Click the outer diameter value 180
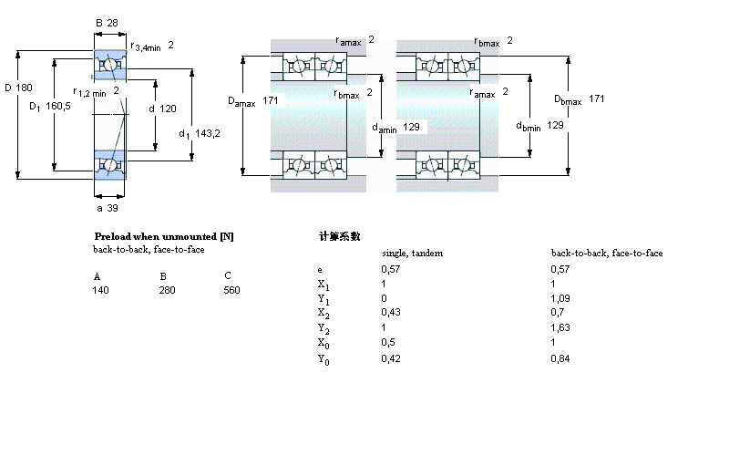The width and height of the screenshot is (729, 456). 25,88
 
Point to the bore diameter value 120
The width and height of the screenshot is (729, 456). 168,109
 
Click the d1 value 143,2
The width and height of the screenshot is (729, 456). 208,133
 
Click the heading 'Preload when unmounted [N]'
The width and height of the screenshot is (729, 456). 164,236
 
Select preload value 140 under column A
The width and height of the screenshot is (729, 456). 100,290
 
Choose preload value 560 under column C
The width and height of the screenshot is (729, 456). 231,290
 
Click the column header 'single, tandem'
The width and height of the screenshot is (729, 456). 412,253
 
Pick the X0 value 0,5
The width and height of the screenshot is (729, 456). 386,342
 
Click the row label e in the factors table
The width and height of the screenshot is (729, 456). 319,270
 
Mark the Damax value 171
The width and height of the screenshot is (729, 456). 271,100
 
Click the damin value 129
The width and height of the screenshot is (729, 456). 411,127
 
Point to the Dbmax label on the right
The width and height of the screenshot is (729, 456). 566,99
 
